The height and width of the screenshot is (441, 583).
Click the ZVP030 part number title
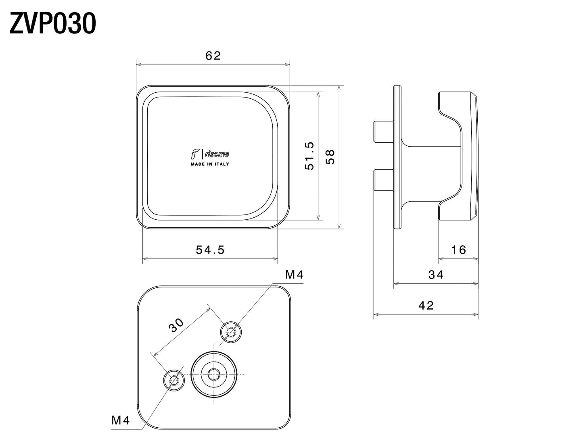53,24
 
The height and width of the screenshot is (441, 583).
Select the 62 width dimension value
213,56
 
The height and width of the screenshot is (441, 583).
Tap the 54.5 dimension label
210,250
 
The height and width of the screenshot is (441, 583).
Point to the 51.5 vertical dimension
309,156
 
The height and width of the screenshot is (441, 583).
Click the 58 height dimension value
330,156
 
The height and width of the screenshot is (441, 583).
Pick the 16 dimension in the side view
458,250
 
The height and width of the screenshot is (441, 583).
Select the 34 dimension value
436,275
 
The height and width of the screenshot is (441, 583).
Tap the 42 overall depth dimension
426,306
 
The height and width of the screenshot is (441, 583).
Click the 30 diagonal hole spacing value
176,325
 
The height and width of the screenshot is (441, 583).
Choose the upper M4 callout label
294,275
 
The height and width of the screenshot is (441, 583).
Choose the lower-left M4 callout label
121,421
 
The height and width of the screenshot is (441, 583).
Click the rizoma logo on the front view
210,154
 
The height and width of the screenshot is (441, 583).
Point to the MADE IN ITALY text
210,164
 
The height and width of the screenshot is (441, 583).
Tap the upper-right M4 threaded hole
231,332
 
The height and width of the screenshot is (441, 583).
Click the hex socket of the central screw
213,374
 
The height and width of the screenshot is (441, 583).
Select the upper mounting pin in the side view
383,132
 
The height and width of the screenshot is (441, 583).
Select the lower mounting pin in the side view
383,180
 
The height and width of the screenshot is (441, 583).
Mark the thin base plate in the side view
397,157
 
